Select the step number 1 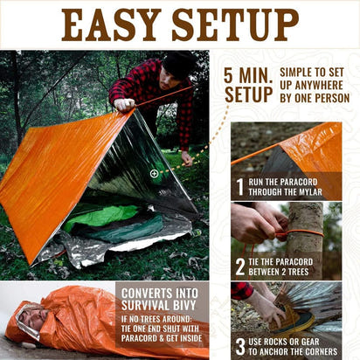240,186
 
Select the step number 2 240,267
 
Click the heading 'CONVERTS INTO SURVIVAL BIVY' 162,300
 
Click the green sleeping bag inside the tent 96,215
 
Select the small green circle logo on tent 155,174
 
